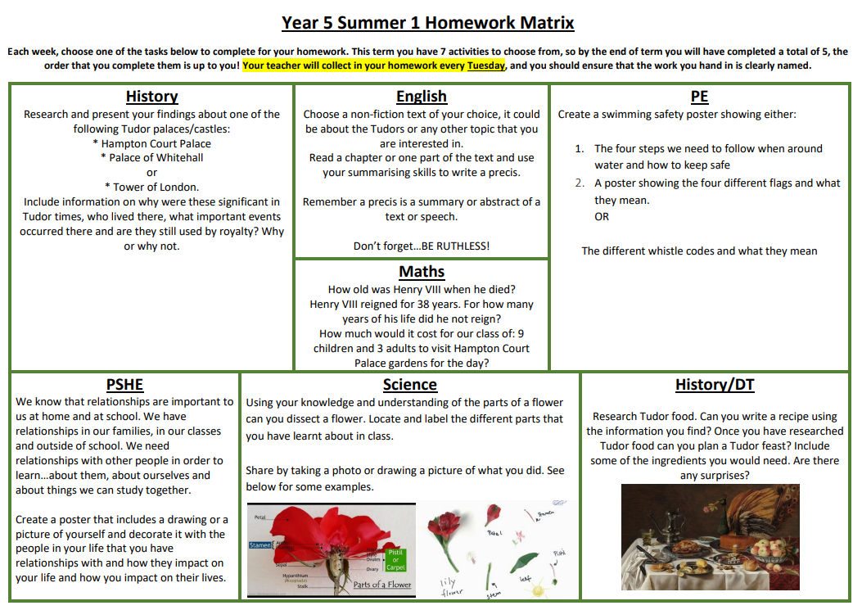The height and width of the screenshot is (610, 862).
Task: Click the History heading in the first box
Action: (151, 97)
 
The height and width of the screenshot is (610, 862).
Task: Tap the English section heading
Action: (421, 97)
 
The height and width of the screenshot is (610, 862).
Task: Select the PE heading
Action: (699, 97)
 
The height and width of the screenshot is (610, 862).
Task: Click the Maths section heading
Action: (422, 271)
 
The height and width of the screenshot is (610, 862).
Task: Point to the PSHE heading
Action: (124, 384)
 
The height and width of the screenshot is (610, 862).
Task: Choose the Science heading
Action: (409, 384)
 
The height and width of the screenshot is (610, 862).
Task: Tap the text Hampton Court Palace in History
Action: (156, 143)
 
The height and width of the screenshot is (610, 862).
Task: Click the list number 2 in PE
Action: (579, 183)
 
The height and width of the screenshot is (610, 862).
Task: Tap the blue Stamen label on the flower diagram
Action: (260, 544)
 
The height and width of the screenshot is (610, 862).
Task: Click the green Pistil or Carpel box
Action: (396, 560)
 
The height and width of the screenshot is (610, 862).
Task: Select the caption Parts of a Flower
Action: (381, 584)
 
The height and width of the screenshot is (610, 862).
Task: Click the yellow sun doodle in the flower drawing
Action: (547, 513)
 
